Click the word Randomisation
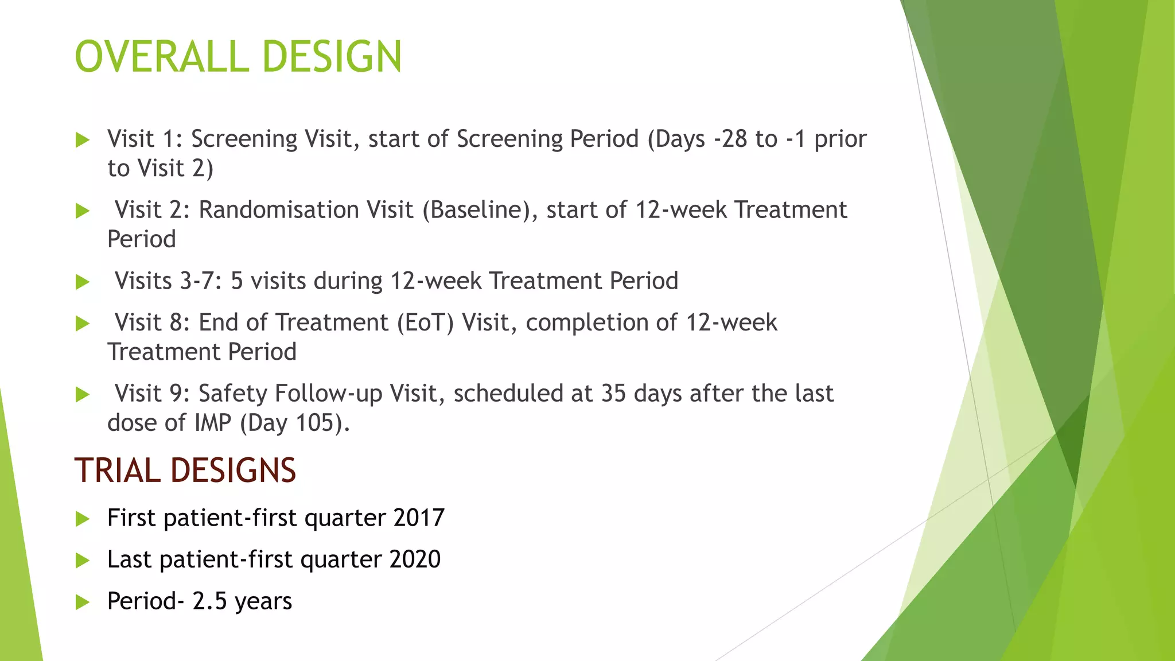pos(305,210)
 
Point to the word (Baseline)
pos(480,210)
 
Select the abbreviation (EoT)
pos(425,322)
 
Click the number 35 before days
pos(613,394)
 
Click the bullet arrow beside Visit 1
pos(83,139)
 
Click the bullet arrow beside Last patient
pos(83,560)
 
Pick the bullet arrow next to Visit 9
pos(83,394)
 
